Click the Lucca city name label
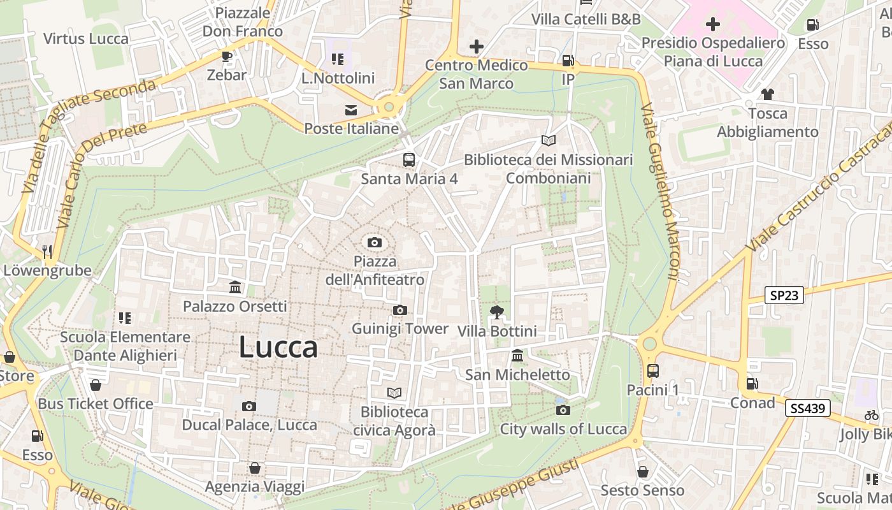pyautogui.click(x=278, y=347)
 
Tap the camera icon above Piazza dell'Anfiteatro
pyautogui.click(x=375, y=242)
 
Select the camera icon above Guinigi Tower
pyautogui.click(x=399, y=310)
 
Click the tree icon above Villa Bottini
pyautogui.click(x=496, y=312)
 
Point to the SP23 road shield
pyautogui.click(x=784, y=295)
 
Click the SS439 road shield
pyautogui.click(x=808, y=408)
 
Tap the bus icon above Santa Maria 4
pyautogui.click(x=408, y=159)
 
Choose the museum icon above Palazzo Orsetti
pyautogui.click(x=235, y=287)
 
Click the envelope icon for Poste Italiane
pyautogui.click(x=351, y=110)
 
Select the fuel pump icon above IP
pyautogui.click(x=567, y=61)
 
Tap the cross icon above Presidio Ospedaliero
pyautogui.click(x=713, y=24)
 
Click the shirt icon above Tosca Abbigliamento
pyautogui.click(x=767, y=94)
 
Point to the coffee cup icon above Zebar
pyautogui.click(x=227, y=56)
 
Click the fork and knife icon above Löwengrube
pyautogui.click(x=47, y=251)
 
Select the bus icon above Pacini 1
pyautogui.click(x=652, y=370)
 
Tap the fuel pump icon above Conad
pyautogui.click(x=752, y=384)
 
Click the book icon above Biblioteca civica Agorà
pyautogui.click(x=394, y=393)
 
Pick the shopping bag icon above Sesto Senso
pyautogui.click(x=642, y=472)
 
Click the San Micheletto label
pyautogui.click(x=517, y=374)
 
